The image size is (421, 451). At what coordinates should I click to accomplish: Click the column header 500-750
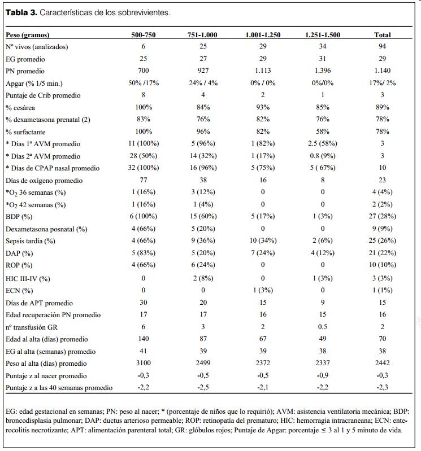[x=144, y=34]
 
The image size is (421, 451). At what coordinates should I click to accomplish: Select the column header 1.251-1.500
[x=322, y=34]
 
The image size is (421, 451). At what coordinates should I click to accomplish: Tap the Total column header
[x=383, y=34]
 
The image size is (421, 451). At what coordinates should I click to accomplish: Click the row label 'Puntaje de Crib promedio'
[x=43, y=95]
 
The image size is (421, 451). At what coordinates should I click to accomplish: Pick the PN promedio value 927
[x=203, y=71]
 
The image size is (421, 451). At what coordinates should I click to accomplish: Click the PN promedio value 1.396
[x=322, y=71]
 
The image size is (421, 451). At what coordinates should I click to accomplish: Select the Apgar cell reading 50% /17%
[x=144, y=83]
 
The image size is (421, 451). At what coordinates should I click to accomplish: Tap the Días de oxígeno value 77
[x=144, y=181]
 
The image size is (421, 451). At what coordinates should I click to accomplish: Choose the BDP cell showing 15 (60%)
[x=203, y=217]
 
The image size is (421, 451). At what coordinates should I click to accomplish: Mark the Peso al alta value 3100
[x=144, y=364]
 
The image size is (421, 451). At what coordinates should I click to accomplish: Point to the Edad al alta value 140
[x=144, y=339]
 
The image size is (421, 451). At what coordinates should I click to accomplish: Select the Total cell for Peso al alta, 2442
[x=383, y=364]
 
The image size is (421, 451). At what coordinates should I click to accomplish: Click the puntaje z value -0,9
[x=322, y=376]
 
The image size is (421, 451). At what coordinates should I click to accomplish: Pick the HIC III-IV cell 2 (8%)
[x=203, y=278]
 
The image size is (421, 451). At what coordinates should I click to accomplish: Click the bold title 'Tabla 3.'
[x=21, y=12]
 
